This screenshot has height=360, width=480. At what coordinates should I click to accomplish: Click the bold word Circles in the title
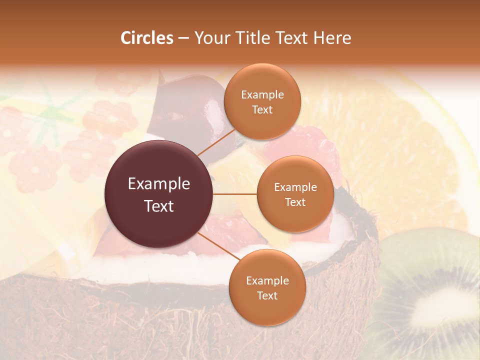click(x=146, y=37)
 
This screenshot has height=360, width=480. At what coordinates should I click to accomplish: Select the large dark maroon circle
click(x=159, y=194)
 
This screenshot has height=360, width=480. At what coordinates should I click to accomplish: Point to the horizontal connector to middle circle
click(x=235, y=194)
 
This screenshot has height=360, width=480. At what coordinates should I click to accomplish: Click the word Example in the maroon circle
click(x=159, y=184)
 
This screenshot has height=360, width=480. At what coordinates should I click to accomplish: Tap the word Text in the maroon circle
click(x=159, y=206)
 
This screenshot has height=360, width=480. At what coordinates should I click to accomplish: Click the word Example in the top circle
click(x=262, y=94)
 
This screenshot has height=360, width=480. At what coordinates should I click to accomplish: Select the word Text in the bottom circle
click(x=267, y=295)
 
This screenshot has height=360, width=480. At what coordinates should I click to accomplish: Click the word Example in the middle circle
click(x=295, y=187)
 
